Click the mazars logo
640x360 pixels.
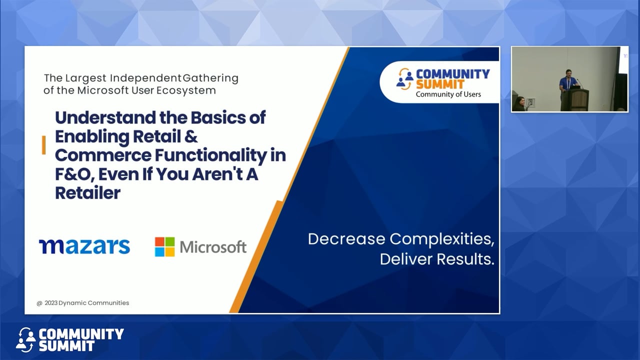[84, 246]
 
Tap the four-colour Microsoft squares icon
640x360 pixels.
[164, 246]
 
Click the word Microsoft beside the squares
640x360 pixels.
[213, 246]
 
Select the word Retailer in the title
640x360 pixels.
[87, 193]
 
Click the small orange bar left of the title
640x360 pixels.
[44, 145]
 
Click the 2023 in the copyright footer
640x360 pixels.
[51, 303]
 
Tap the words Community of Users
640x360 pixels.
[448, 94]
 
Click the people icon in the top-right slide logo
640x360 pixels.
[405, 79]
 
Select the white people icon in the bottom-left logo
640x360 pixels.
[25, 339]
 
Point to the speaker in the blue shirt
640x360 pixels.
[568, 81]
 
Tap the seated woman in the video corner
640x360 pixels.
[519, 103]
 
